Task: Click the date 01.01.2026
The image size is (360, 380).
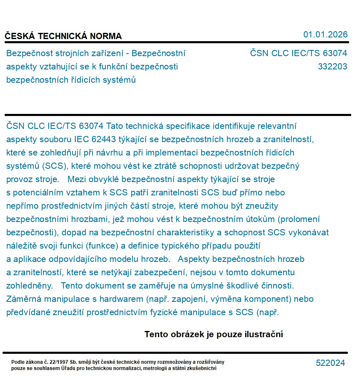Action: pyautogui.click(x=325, y=35)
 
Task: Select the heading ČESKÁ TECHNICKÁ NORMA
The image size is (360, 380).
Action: pyautogui.click(x=63, y=36)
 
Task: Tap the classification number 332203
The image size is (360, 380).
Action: pyautogui.click(x=332, y=67)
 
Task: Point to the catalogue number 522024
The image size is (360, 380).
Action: pyautogui.click(x=330, y=363)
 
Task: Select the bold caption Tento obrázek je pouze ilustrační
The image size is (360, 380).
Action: pyautogui.click(x=214, y=334)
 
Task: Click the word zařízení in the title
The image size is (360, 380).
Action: pyautogui.click(x=110, y=53)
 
